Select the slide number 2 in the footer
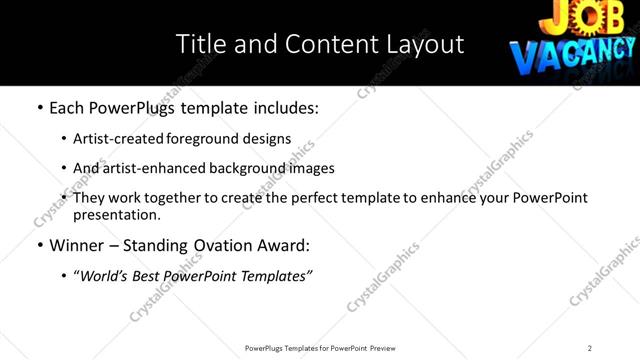click(x=590, y=347)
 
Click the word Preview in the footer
click(x=382, y=347)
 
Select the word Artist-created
click(x=108, y=138)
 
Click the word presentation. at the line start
click(x=115, y=214)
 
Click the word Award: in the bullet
click(x=283, y=245)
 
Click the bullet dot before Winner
click(x=39, y=245)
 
